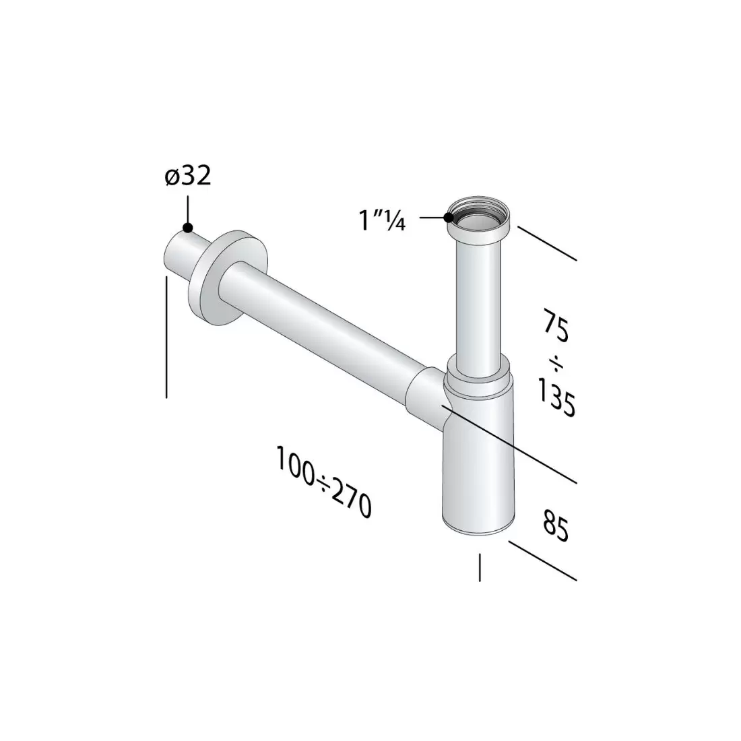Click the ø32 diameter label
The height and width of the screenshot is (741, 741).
pos(188,176)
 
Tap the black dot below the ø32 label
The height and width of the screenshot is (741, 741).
pos(188,228)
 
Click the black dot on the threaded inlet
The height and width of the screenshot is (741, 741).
pos(448,217)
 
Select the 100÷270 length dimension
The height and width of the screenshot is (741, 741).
pos(323,482)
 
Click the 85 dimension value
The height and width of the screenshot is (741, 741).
pos(554,527)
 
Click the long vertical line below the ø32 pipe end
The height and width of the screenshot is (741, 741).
pos(166,337)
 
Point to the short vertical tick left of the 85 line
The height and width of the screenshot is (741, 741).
pos(479,567)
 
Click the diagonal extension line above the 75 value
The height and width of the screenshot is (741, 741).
pos(547,243)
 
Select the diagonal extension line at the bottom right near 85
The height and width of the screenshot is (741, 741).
pos(543,560)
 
